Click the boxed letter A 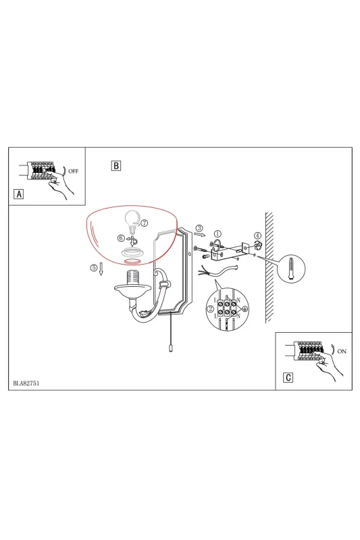[x=19, y=194]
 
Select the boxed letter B [x=116, y=165]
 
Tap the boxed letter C [x=288, y=377]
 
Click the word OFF [x=74, y=171]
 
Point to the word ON [x=342, y=351]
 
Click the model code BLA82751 [x=26, y=383]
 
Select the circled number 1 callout [x=217, y=234]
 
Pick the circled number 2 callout [x=210, y=309]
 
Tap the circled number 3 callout [x=199, y=228]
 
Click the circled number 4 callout [x=258, y=236]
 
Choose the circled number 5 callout [x=94, y=267]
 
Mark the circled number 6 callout [x=121, y=238]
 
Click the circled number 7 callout [x=145, y=223]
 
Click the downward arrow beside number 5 [x=101, y=268]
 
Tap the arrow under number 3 [x=201, y=235]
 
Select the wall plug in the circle [x=291, y=269]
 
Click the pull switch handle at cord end [x=170, y=348]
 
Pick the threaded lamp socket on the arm [x=133, y=277]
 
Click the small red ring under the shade [x=132, y=262]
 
